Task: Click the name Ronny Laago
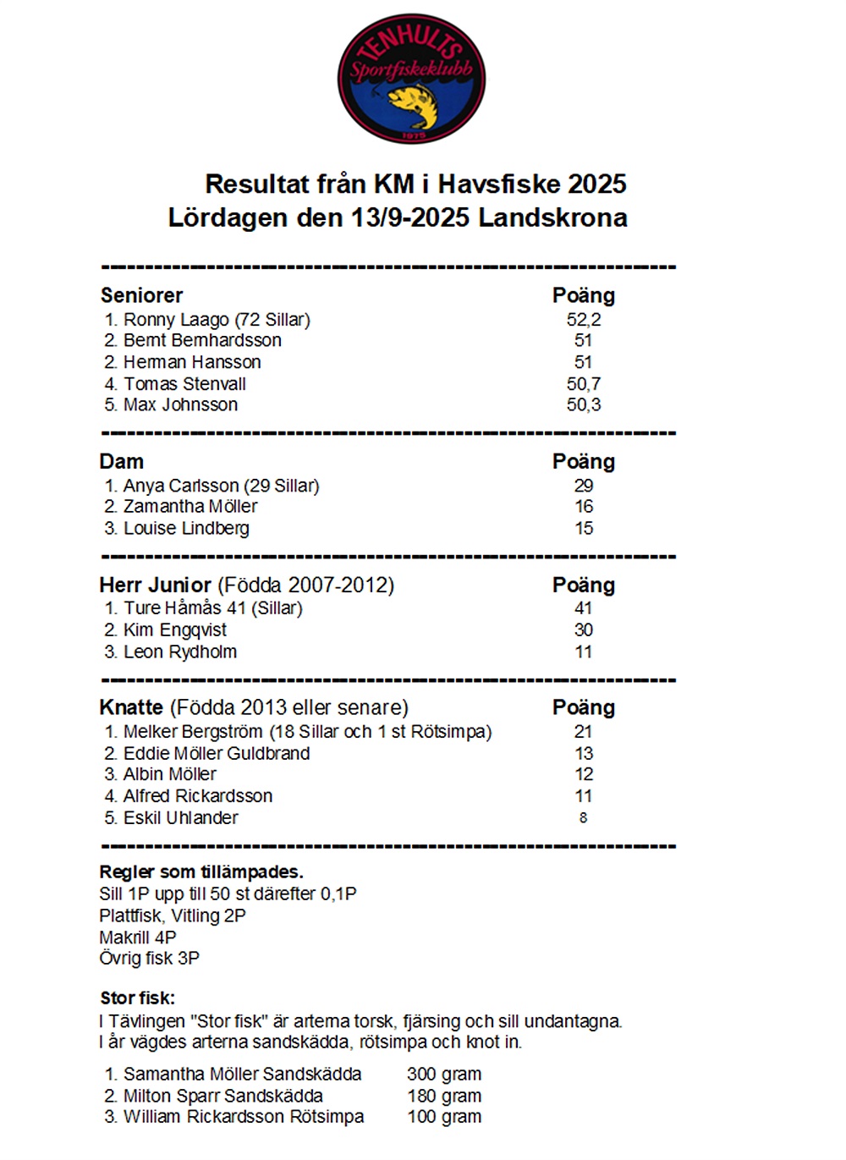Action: [x=176, y=320]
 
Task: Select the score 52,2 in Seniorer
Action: [x=584, y=320]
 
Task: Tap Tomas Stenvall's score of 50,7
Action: [x=584, y=384]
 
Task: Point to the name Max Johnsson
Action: [x=180, y=405]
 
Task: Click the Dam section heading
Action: [x=122, y=462]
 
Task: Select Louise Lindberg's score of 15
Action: [x=584, y=529]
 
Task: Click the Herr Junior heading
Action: [x=156, y=585]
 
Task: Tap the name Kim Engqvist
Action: [x=175, y=630]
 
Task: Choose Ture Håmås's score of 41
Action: [x=584, y=608]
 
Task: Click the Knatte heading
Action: [x=131, y=708]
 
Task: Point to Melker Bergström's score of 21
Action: [x=584, y=732]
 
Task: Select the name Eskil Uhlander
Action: [x=180, y=818]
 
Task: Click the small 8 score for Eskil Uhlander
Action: [x=583, y=818]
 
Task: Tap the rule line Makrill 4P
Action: [x=138, y=937]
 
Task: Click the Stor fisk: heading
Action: [x=138, y=998]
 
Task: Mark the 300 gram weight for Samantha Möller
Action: [x=444, y=1075]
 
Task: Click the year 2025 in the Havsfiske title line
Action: [x=597, y=184]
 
